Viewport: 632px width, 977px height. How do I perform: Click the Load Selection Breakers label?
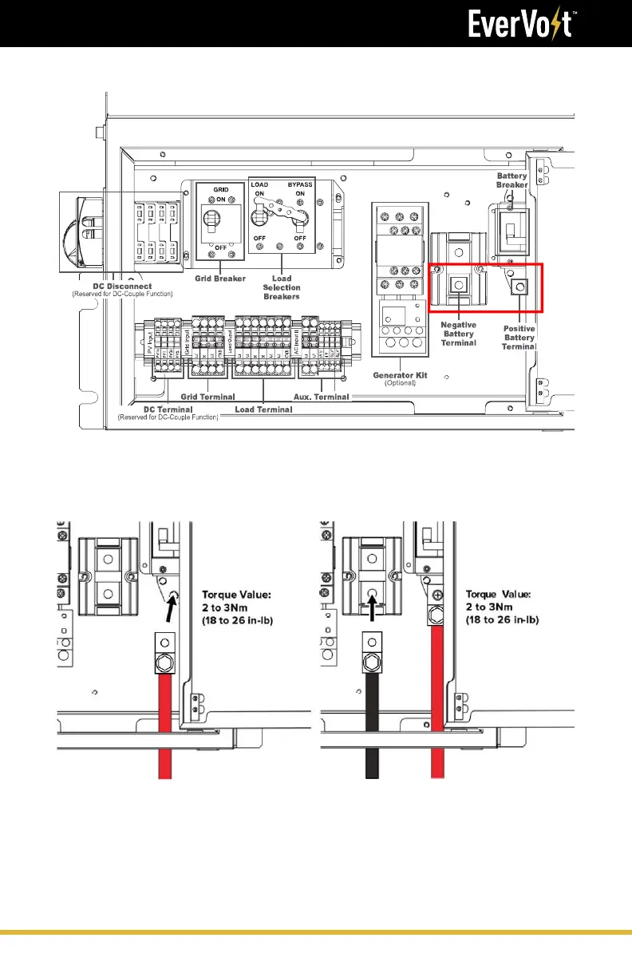tap(281, 287)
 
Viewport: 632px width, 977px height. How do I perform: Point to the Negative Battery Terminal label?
tap(459, 334)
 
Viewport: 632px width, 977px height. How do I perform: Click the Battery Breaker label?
tap(512, 180)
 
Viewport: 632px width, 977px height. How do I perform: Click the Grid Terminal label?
tap(208, 397)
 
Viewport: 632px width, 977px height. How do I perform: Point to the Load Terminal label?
tap(263, 409)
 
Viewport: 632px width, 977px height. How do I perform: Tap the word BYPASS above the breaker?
tap(302, 184)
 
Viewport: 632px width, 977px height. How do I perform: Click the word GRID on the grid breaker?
tap(221, 192)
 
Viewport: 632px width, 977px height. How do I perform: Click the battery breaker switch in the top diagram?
tap(512, 229)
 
